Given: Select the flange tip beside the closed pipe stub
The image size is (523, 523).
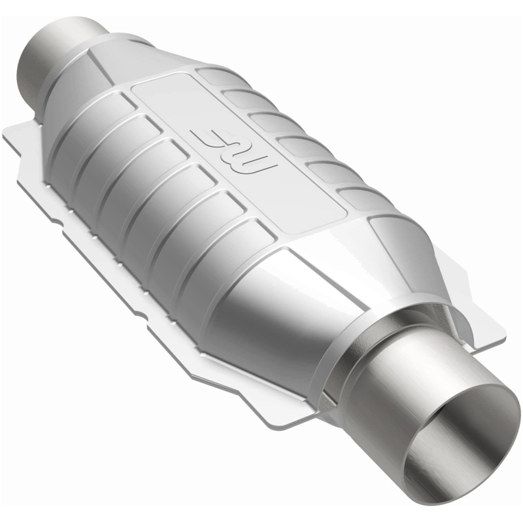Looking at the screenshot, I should coord(13,131).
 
